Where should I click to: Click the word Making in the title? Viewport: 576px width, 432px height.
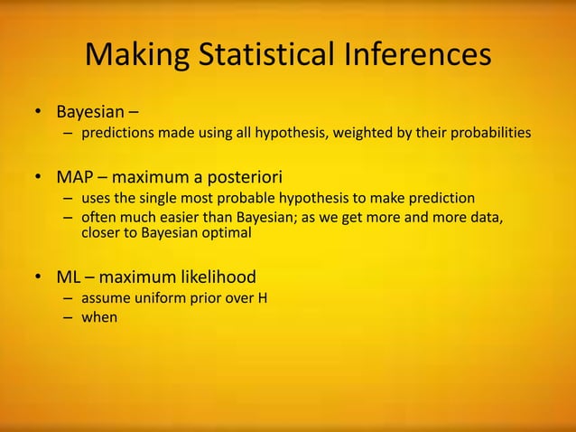[135, 55]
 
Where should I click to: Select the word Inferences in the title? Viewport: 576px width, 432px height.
[420, 55]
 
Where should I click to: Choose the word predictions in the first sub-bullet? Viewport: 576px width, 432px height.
[119, 134]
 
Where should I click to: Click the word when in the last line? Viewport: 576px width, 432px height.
[99, 317]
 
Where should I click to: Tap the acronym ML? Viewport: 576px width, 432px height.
[69, 277]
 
